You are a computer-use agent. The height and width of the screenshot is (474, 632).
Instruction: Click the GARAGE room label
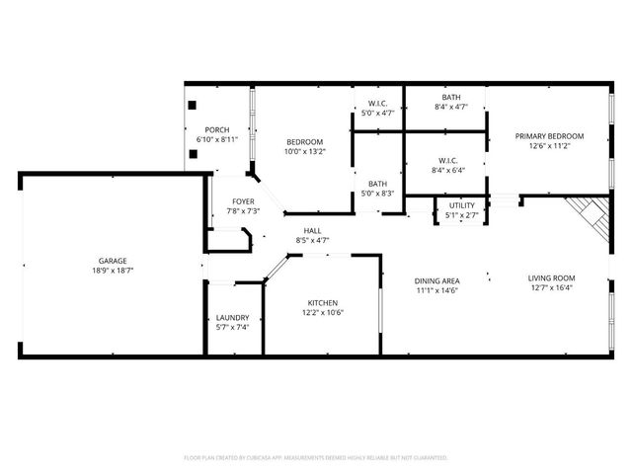tap(112, 261)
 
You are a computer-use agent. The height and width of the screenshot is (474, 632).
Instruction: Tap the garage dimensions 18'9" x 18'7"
tap(112, 270)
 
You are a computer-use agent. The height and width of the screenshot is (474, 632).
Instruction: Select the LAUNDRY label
tap(232, 317)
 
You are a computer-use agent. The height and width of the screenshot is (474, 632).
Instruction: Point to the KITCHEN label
tap(323, 302)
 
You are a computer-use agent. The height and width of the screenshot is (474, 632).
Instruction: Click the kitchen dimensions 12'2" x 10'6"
tap(323, 312)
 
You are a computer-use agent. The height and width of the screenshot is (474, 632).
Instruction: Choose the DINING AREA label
tap(435, 280)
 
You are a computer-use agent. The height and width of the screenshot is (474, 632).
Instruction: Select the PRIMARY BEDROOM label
tap(549, 136)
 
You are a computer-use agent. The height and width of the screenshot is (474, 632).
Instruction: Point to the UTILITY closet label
tap(461, 205)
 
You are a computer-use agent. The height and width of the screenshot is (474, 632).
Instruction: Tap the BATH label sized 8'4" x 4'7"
tap(450, 97)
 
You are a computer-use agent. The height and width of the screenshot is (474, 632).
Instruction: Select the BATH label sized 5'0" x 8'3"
tap(377, 184)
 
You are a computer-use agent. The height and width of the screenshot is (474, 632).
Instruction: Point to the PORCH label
tap(217, 130)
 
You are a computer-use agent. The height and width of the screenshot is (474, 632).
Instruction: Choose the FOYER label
tap(229, 201)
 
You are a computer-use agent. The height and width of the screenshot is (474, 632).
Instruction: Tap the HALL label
tap(312, 231)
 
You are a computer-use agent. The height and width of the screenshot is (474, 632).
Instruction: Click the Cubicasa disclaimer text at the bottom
tap(316, 457)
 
